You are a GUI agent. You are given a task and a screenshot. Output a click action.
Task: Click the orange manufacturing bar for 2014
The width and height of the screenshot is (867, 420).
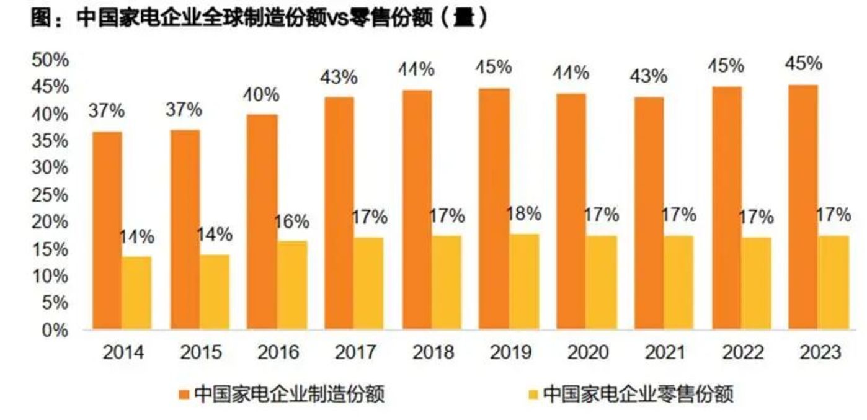(x=107, y=230)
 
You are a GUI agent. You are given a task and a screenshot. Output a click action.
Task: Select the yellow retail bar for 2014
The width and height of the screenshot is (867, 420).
(x=136, y=292)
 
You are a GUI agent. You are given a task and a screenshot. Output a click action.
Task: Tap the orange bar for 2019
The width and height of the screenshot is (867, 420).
(x=495, y=208)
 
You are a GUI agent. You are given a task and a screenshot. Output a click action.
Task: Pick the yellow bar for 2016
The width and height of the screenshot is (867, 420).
(x=292, y=284)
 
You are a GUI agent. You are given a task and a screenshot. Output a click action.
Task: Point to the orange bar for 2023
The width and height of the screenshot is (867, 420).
(x=804, y=207)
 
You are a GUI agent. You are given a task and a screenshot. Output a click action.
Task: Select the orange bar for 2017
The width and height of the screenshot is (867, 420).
(x=339, y=213)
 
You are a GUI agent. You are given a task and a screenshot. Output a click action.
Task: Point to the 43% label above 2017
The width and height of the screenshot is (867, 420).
(x=339, y=78)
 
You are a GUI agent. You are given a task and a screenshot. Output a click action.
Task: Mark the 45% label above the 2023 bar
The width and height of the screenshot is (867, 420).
(x=803, y=64)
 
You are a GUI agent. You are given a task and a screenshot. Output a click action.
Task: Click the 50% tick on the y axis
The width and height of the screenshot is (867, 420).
(x=50, y=60)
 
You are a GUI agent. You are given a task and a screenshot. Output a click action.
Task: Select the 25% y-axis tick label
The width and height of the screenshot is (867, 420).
(x=50, y=195)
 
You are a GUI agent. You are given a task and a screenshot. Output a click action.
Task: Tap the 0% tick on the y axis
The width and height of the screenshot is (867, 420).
(x=55, y=330)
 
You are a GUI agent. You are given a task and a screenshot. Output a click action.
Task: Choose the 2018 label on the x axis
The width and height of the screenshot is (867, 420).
(x=433, y=353)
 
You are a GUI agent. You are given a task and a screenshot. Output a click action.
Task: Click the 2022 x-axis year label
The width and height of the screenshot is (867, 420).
(x=743, y=353)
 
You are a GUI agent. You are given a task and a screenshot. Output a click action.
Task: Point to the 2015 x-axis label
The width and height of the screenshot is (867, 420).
(x=201, y=353)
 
